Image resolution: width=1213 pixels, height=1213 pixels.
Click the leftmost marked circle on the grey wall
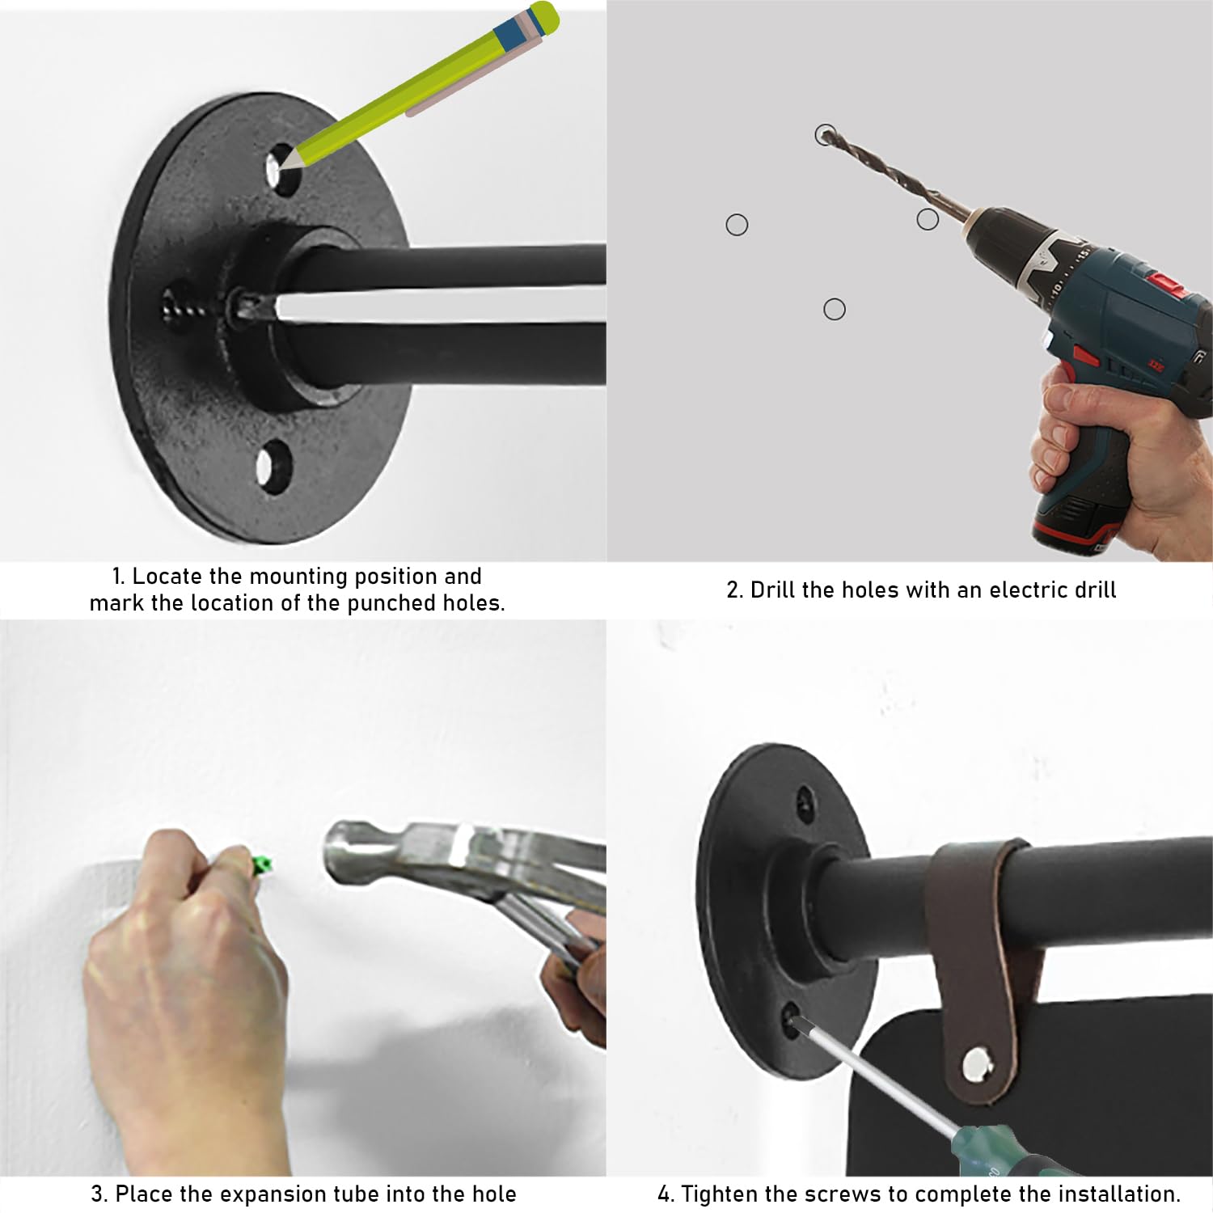click(737, 225)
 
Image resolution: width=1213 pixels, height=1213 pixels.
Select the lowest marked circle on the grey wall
click(835, 309)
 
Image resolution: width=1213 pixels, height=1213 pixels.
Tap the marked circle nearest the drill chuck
click(928, 219)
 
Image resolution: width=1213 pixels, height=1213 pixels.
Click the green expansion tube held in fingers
click(260, 866)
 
